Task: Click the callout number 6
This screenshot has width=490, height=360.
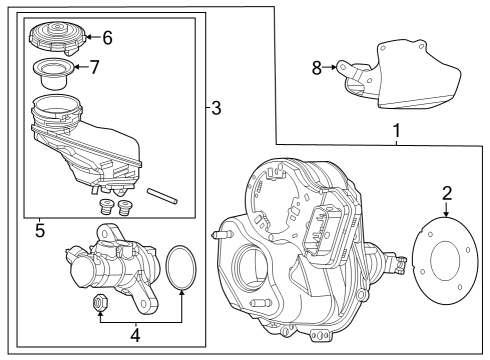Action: tap(107, 38)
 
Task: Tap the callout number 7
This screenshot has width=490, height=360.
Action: tap(95, 67)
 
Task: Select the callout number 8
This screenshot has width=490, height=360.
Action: tap(317, 68)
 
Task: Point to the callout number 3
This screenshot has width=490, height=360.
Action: tap(216, 108)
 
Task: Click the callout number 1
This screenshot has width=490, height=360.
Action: tap(396, 130)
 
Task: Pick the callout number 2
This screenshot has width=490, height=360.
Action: tap(447, 194)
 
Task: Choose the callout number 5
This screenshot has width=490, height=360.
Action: tap(40, 231)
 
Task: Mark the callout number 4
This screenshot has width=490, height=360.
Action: tap(135, 335)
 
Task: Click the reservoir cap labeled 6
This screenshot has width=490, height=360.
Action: tap(58, 37)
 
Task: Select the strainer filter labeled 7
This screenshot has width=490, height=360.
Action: tap(53, 74)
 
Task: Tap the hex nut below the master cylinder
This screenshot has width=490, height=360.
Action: tap(98, 302)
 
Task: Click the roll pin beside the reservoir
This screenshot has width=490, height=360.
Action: tap(162, 196)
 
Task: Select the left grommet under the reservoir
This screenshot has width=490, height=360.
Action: tap(105, 207)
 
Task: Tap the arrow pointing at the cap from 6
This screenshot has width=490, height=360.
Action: tap(93, 37)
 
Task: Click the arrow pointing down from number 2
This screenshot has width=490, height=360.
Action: tap(446, 210)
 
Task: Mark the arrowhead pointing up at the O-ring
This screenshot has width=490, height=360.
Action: tap(182, 293)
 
